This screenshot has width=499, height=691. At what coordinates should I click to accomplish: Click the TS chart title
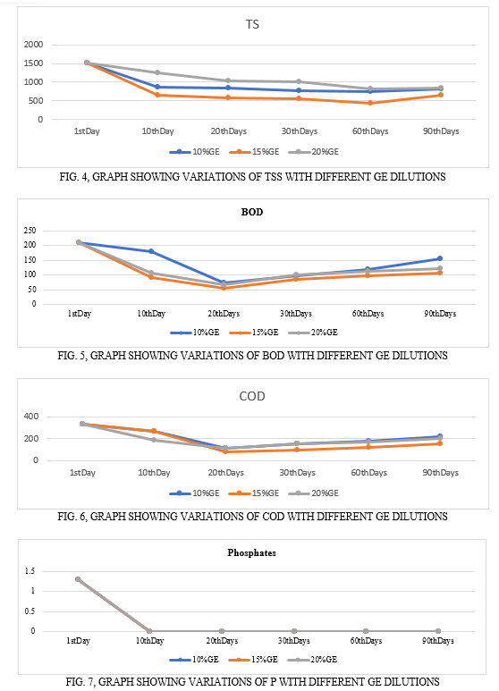252,24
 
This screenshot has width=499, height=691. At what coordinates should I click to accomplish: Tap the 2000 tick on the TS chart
33,45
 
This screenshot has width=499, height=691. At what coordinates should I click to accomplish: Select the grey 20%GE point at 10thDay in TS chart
157,72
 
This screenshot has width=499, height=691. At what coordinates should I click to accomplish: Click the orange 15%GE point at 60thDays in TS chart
370,103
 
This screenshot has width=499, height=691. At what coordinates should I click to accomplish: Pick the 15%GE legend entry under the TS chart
254,152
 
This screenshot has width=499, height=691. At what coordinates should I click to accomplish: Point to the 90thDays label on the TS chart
441,131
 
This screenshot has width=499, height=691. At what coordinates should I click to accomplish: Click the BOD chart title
252,212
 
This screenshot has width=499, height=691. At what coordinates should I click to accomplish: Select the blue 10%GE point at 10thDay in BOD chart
151,251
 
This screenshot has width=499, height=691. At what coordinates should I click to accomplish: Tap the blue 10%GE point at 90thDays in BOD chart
440,258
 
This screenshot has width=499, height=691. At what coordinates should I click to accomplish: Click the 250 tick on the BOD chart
30,231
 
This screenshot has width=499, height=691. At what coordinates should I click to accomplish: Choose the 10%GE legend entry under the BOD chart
195,333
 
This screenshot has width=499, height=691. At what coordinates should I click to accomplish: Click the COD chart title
252,396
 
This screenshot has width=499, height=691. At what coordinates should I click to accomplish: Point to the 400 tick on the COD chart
31,417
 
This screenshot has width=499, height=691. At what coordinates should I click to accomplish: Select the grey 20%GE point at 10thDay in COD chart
154,440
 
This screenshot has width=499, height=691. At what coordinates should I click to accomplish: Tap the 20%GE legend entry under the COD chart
314,493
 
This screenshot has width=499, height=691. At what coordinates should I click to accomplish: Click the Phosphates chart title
251,553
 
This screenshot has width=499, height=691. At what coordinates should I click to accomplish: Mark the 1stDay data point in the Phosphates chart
78,579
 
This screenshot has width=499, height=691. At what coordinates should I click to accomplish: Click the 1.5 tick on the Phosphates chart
30,571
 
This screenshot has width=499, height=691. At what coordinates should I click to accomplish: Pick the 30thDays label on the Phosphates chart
293,641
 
